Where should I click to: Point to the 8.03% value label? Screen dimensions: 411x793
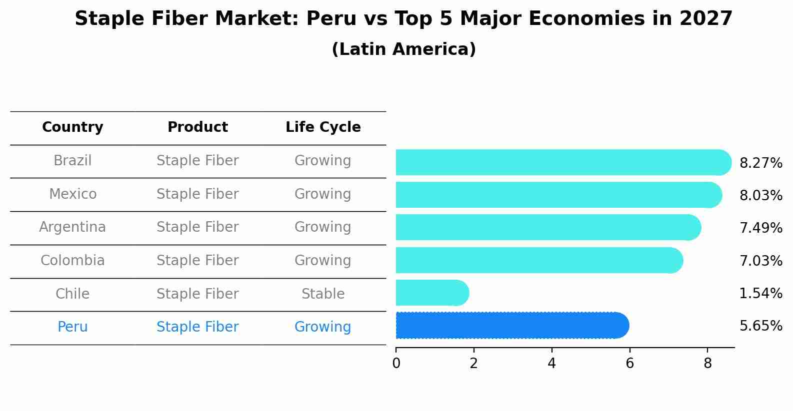(760, 196)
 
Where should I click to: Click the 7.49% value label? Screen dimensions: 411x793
(760, 228)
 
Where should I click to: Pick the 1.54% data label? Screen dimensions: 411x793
(760, 294)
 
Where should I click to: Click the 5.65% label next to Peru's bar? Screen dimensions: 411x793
(760, 326)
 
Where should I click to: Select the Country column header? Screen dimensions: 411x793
(72, 127)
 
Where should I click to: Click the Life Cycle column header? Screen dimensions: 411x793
(323, 127)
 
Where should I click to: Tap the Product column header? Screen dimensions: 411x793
(197, 127)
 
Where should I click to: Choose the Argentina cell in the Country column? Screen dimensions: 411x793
(72, 227)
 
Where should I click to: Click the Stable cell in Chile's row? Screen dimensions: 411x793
(323, 294)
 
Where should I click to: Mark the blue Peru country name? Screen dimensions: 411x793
(72, 327)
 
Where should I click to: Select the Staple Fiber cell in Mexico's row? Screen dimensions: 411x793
(197, 194)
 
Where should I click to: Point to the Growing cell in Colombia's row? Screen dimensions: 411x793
(323, 261)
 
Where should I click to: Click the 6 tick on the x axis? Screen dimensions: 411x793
(629, 364)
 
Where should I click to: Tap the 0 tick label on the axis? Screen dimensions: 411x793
(396, 364)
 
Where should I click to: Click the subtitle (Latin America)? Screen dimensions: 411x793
(403, 49)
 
